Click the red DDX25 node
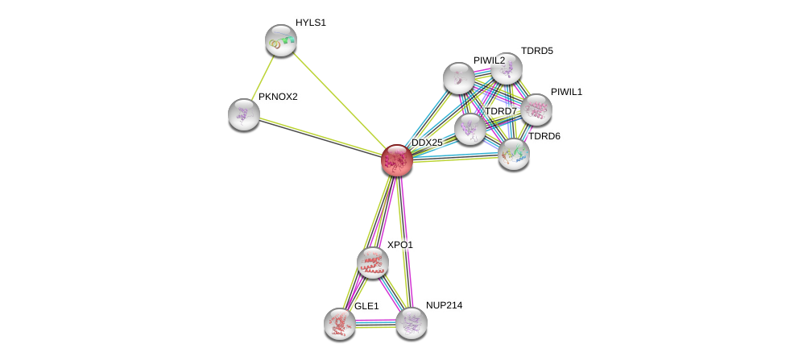(x=396, y=160)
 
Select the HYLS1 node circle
(x=280, y=40)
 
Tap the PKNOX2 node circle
(x=243, y=114)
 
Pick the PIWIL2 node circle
(x=458, y=78)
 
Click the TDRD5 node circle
(x=507, y=68)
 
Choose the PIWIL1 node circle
(x=536, y=110)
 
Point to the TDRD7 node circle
(x=470, y=129)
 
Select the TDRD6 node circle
(x=513, y=154)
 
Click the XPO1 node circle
(x=372, y=262)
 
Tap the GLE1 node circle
(x=339, y=323)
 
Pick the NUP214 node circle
(x=411, y=323)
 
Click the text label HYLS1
(x=310, y=23)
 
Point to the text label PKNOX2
(x=278, y=97)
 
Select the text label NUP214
(x=444, y=305)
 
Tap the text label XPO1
(x=399, y=245)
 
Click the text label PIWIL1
(x=566, y=92)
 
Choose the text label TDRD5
(x=536, y=51)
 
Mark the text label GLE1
(x=366, y=306)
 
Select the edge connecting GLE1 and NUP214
(x=375, y=323)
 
